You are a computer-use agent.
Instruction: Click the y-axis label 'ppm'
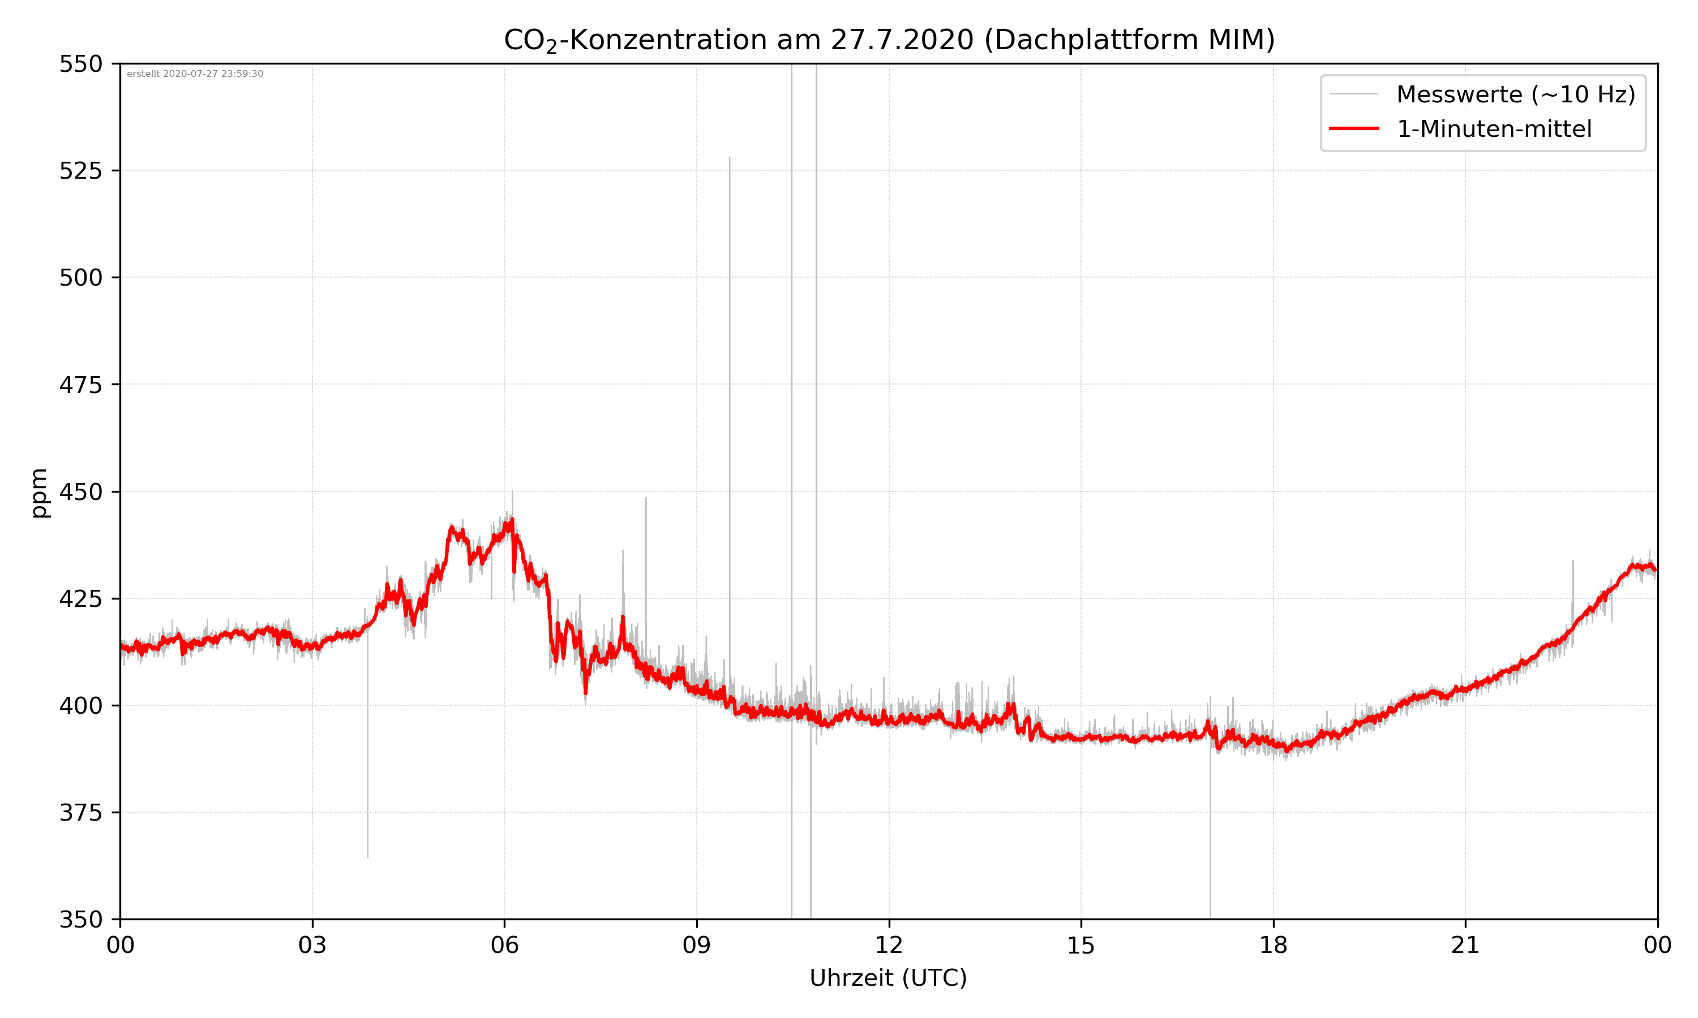pos(39,493)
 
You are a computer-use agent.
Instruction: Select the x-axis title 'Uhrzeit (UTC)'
pos(888,978)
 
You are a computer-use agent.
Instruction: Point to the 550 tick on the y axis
pos(80,64)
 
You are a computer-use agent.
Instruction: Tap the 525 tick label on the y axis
pos(80,171)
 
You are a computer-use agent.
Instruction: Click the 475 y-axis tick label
pos(80,385)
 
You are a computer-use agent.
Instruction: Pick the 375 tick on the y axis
pos(80,813)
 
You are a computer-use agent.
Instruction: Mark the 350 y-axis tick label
pos(80,920)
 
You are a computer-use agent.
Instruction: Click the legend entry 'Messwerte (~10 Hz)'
pos(1515,94)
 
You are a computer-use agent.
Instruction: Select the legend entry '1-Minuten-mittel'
pos(1494,129)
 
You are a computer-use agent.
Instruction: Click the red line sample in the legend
pos(1353,129)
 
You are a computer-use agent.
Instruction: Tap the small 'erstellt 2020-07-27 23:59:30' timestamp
pos(195,74)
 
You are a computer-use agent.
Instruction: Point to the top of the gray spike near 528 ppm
pos(730,158)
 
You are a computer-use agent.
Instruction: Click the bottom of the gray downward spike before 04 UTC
pos(368,856)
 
